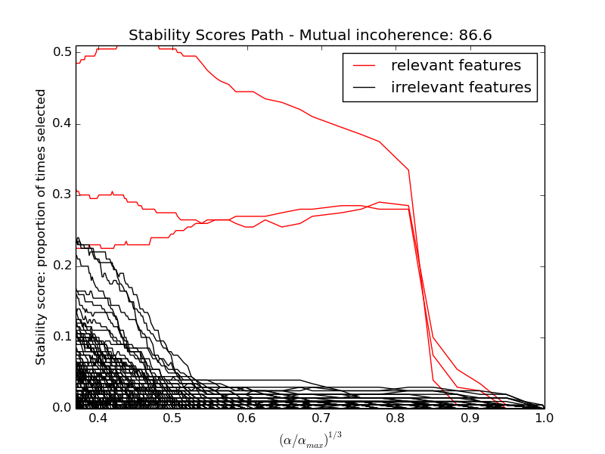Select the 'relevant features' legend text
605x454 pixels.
(455, 66)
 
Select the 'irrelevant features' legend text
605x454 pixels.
(461, 88)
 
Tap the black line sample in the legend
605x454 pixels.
(365, 89)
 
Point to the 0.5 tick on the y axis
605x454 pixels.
(62, 52)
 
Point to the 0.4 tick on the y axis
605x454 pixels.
(62, 123)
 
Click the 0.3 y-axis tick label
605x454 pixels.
(62, 194)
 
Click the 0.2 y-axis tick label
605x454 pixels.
(62, 266)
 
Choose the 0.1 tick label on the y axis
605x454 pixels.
(62, 337)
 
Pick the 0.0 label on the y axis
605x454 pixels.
(62, 408)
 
